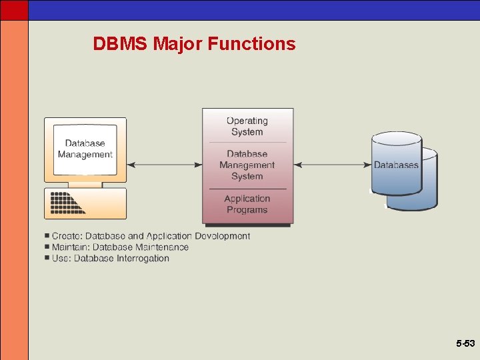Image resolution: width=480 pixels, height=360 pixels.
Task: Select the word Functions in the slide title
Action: tap(251, 44)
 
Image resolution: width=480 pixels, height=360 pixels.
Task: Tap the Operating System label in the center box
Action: tap(247, 126)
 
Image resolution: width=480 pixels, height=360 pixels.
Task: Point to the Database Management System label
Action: tap(247, 165)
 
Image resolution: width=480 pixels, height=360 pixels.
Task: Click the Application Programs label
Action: tap(247, 204)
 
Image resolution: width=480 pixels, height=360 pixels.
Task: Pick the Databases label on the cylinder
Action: tap(396, 165)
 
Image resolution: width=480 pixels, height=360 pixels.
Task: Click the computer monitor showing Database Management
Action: tap(85, 149)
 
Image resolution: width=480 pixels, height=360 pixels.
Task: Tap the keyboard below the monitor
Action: tap(85, 203)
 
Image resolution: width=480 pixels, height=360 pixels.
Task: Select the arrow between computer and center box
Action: tap(164, 165)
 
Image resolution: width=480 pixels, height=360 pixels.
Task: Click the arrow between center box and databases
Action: tap(332, 165)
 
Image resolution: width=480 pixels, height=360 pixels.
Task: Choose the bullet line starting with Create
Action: tap(151, 236)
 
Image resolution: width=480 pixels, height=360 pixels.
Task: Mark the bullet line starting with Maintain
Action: tap(120, 247)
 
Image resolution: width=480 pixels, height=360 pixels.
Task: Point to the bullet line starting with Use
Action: tap(111, 259)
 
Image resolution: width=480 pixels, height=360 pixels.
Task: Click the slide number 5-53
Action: tap(465, 343)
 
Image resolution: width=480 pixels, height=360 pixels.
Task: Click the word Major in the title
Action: tap(177, 44)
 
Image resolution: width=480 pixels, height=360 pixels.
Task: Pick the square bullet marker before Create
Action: tap(47, 236)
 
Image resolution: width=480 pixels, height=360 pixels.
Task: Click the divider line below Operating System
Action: tap(247, 142)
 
